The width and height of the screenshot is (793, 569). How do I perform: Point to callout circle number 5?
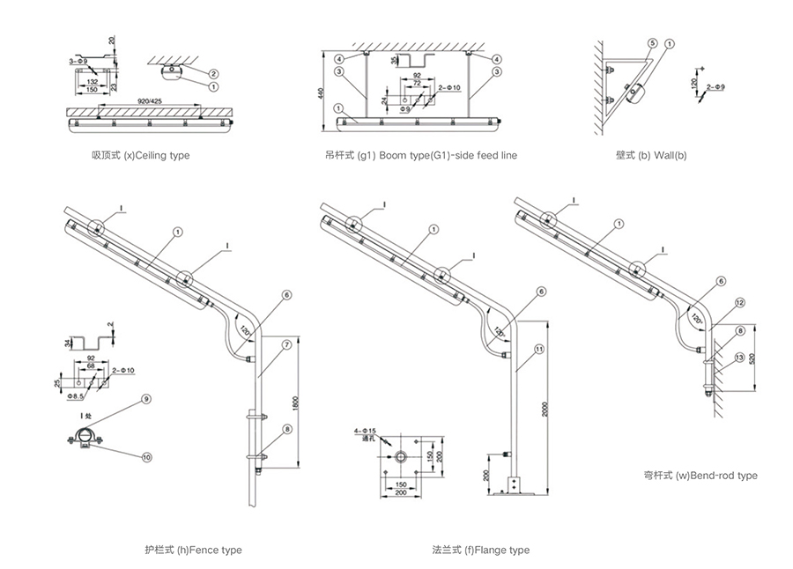(x=650, y=42)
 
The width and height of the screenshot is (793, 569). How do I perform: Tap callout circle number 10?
(x=145, y=456)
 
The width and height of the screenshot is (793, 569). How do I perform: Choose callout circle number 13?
(x=740, y=356)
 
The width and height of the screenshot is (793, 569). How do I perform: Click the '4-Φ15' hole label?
(x=363, y=430)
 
